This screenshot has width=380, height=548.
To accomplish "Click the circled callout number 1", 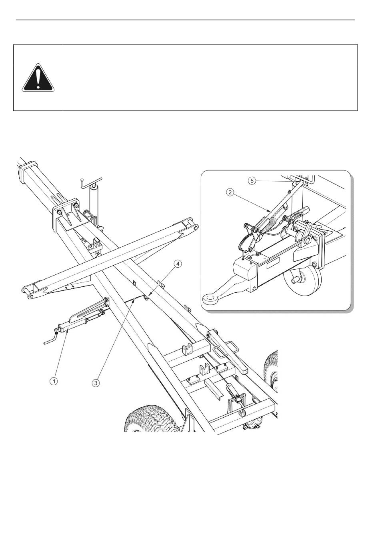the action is click(54, 381).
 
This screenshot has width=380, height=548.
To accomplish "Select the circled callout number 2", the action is click(230, 192).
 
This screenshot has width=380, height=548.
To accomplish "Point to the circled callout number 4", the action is click(178, 264).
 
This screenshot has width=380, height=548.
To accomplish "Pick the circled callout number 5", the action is click(252, 181).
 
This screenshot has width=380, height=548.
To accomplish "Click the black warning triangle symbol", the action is click(38, 78).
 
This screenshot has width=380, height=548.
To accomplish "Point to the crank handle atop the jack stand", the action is click(91, 182).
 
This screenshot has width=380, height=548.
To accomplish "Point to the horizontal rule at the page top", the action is click(185, 20).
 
